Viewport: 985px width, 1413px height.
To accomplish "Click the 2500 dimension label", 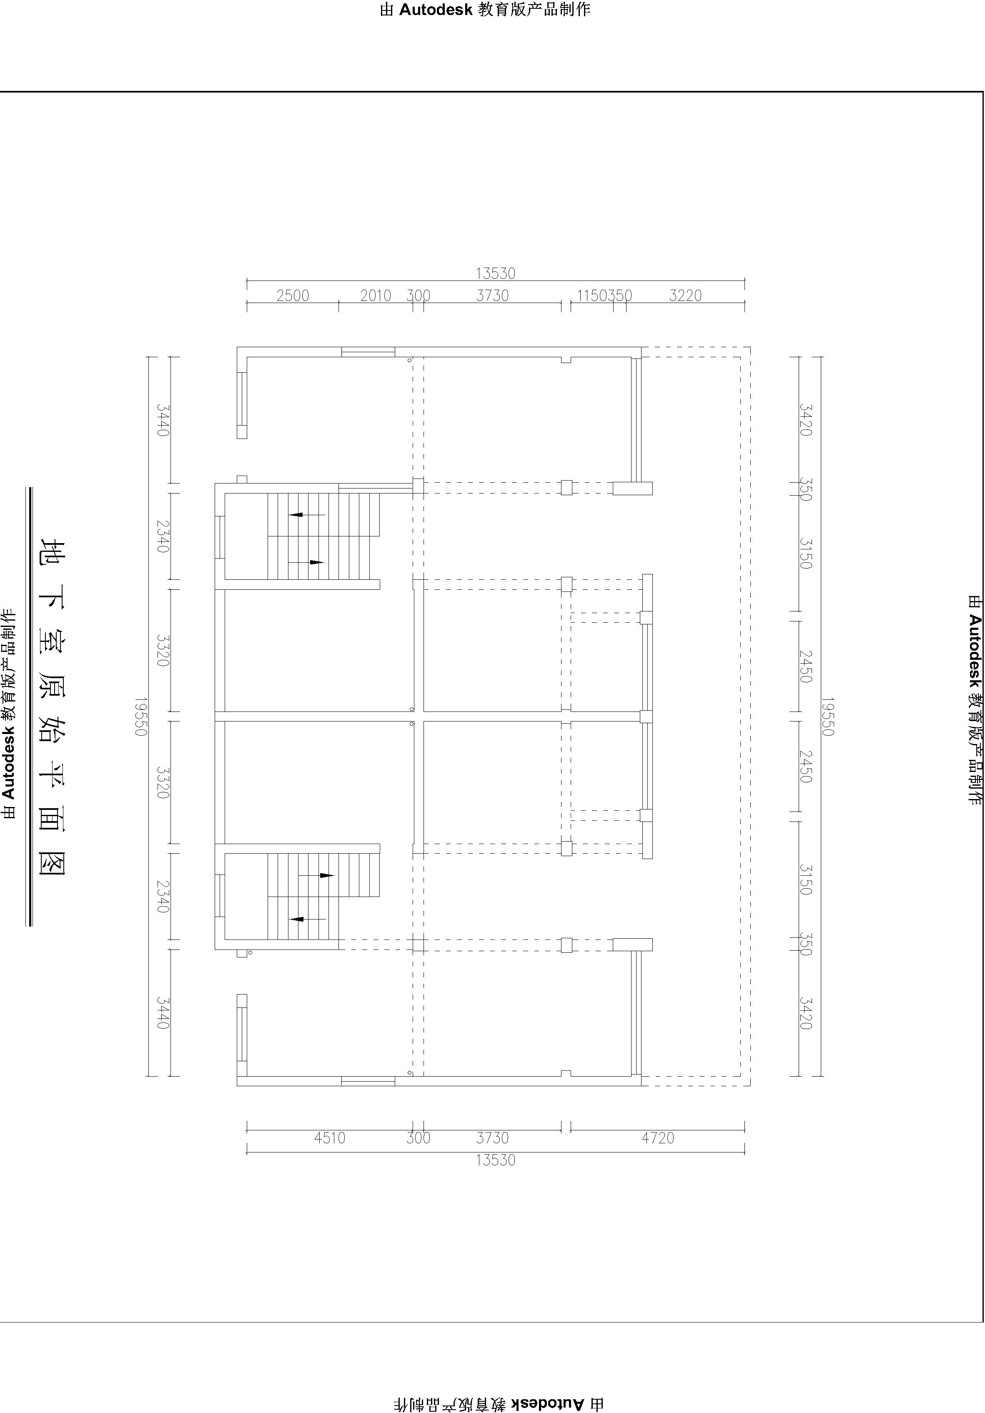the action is pyautogui.click(x=293, y=296).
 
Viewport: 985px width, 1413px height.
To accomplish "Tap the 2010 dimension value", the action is pyautogui.click(x=376, y=296).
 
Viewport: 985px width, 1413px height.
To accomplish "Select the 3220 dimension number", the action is pyautogui.click(x=685, y=296).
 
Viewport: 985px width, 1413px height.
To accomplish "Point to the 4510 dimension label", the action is pyautogui.click(x=330, y=1138).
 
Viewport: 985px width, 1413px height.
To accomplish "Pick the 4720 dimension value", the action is pyautogui.click(x=658, y=1138).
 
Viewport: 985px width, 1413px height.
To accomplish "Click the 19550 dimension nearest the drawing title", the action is pyautogui.click(x=141, y=717).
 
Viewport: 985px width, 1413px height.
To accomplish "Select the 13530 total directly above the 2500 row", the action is pyautogui.click(x=496, y=273).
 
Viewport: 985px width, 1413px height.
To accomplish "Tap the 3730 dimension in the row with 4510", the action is pyautogui.click(x=493, y=1138).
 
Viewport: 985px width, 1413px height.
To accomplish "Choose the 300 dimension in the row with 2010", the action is pyautogui.click(x=418, y=296).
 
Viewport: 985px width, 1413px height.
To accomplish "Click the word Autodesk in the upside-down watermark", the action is pyautogui.click(x=546, y=1403).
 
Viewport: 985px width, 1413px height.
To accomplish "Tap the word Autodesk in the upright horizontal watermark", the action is pyautogui.click(x=436, y=9).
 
